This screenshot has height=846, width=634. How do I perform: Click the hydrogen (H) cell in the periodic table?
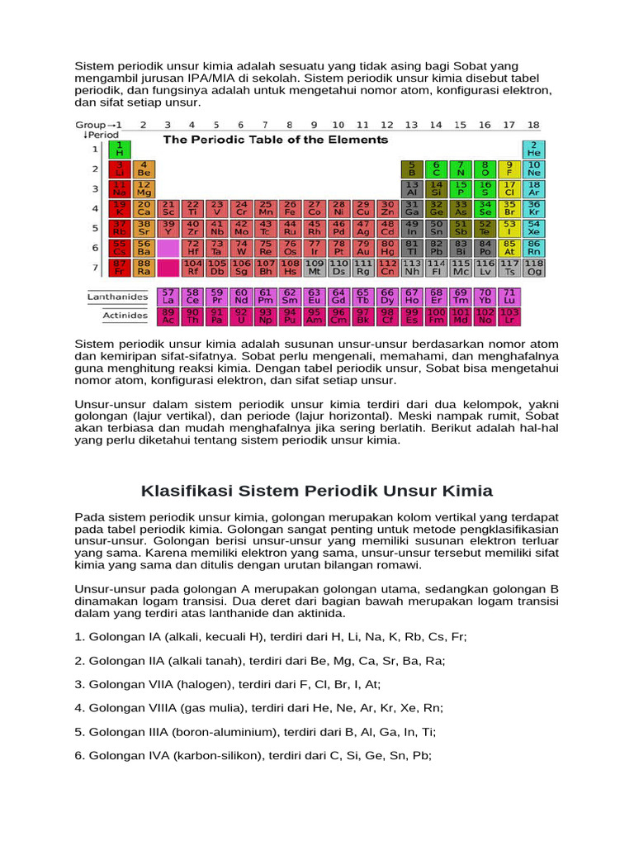click(x=119, y=150)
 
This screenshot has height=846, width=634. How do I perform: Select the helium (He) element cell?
click(x=534, y=150)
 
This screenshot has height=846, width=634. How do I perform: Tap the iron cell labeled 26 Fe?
click(x=290, y=208)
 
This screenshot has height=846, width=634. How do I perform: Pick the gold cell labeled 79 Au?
click(x=362, y=248)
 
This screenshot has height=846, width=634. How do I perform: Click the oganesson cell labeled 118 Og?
click(x=534, y=267)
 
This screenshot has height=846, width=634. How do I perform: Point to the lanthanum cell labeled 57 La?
click(x=168, y=297)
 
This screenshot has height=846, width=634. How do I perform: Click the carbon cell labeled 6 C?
click(x=437, y=169)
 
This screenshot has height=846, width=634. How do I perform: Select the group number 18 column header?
click(x=533, y=125)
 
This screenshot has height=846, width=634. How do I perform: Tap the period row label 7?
click(x=94, y=268)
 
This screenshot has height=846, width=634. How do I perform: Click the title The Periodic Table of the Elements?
click(x=276, y=140)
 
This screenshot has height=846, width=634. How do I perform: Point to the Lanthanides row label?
click(x=118, y=297)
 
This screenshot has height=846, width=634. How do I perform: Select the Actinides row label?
click(x=125, y=316)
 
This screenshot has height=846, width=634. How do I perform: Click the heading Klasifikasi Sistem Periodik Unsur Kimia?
click(x=317, y=491)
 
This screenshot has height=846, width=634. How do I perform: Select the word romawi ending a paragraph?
click(x=398, y=564)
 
